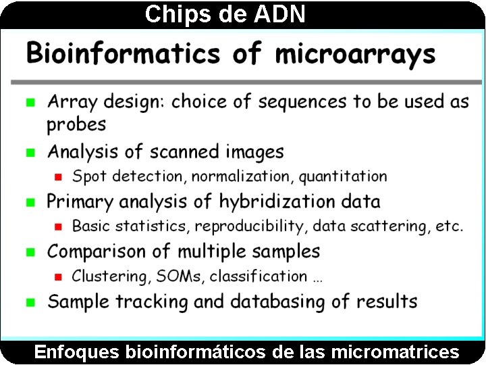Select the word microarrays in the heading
click(x=355, y=53)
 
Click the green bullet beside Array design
click(x=30, y=103)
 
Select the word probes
click(x=76, y=125)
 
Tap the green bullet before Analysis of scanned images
click(x=30, y=153)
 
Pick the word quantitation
click(x=343, y=177)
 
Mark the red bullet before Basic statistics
click(x=58, y=226)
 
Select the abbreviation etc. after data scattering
click(x=448, y=226)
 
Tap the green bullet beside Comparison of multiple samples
click(x=30, y=252)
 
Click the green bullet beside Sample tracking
click(x=30, y=302)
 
